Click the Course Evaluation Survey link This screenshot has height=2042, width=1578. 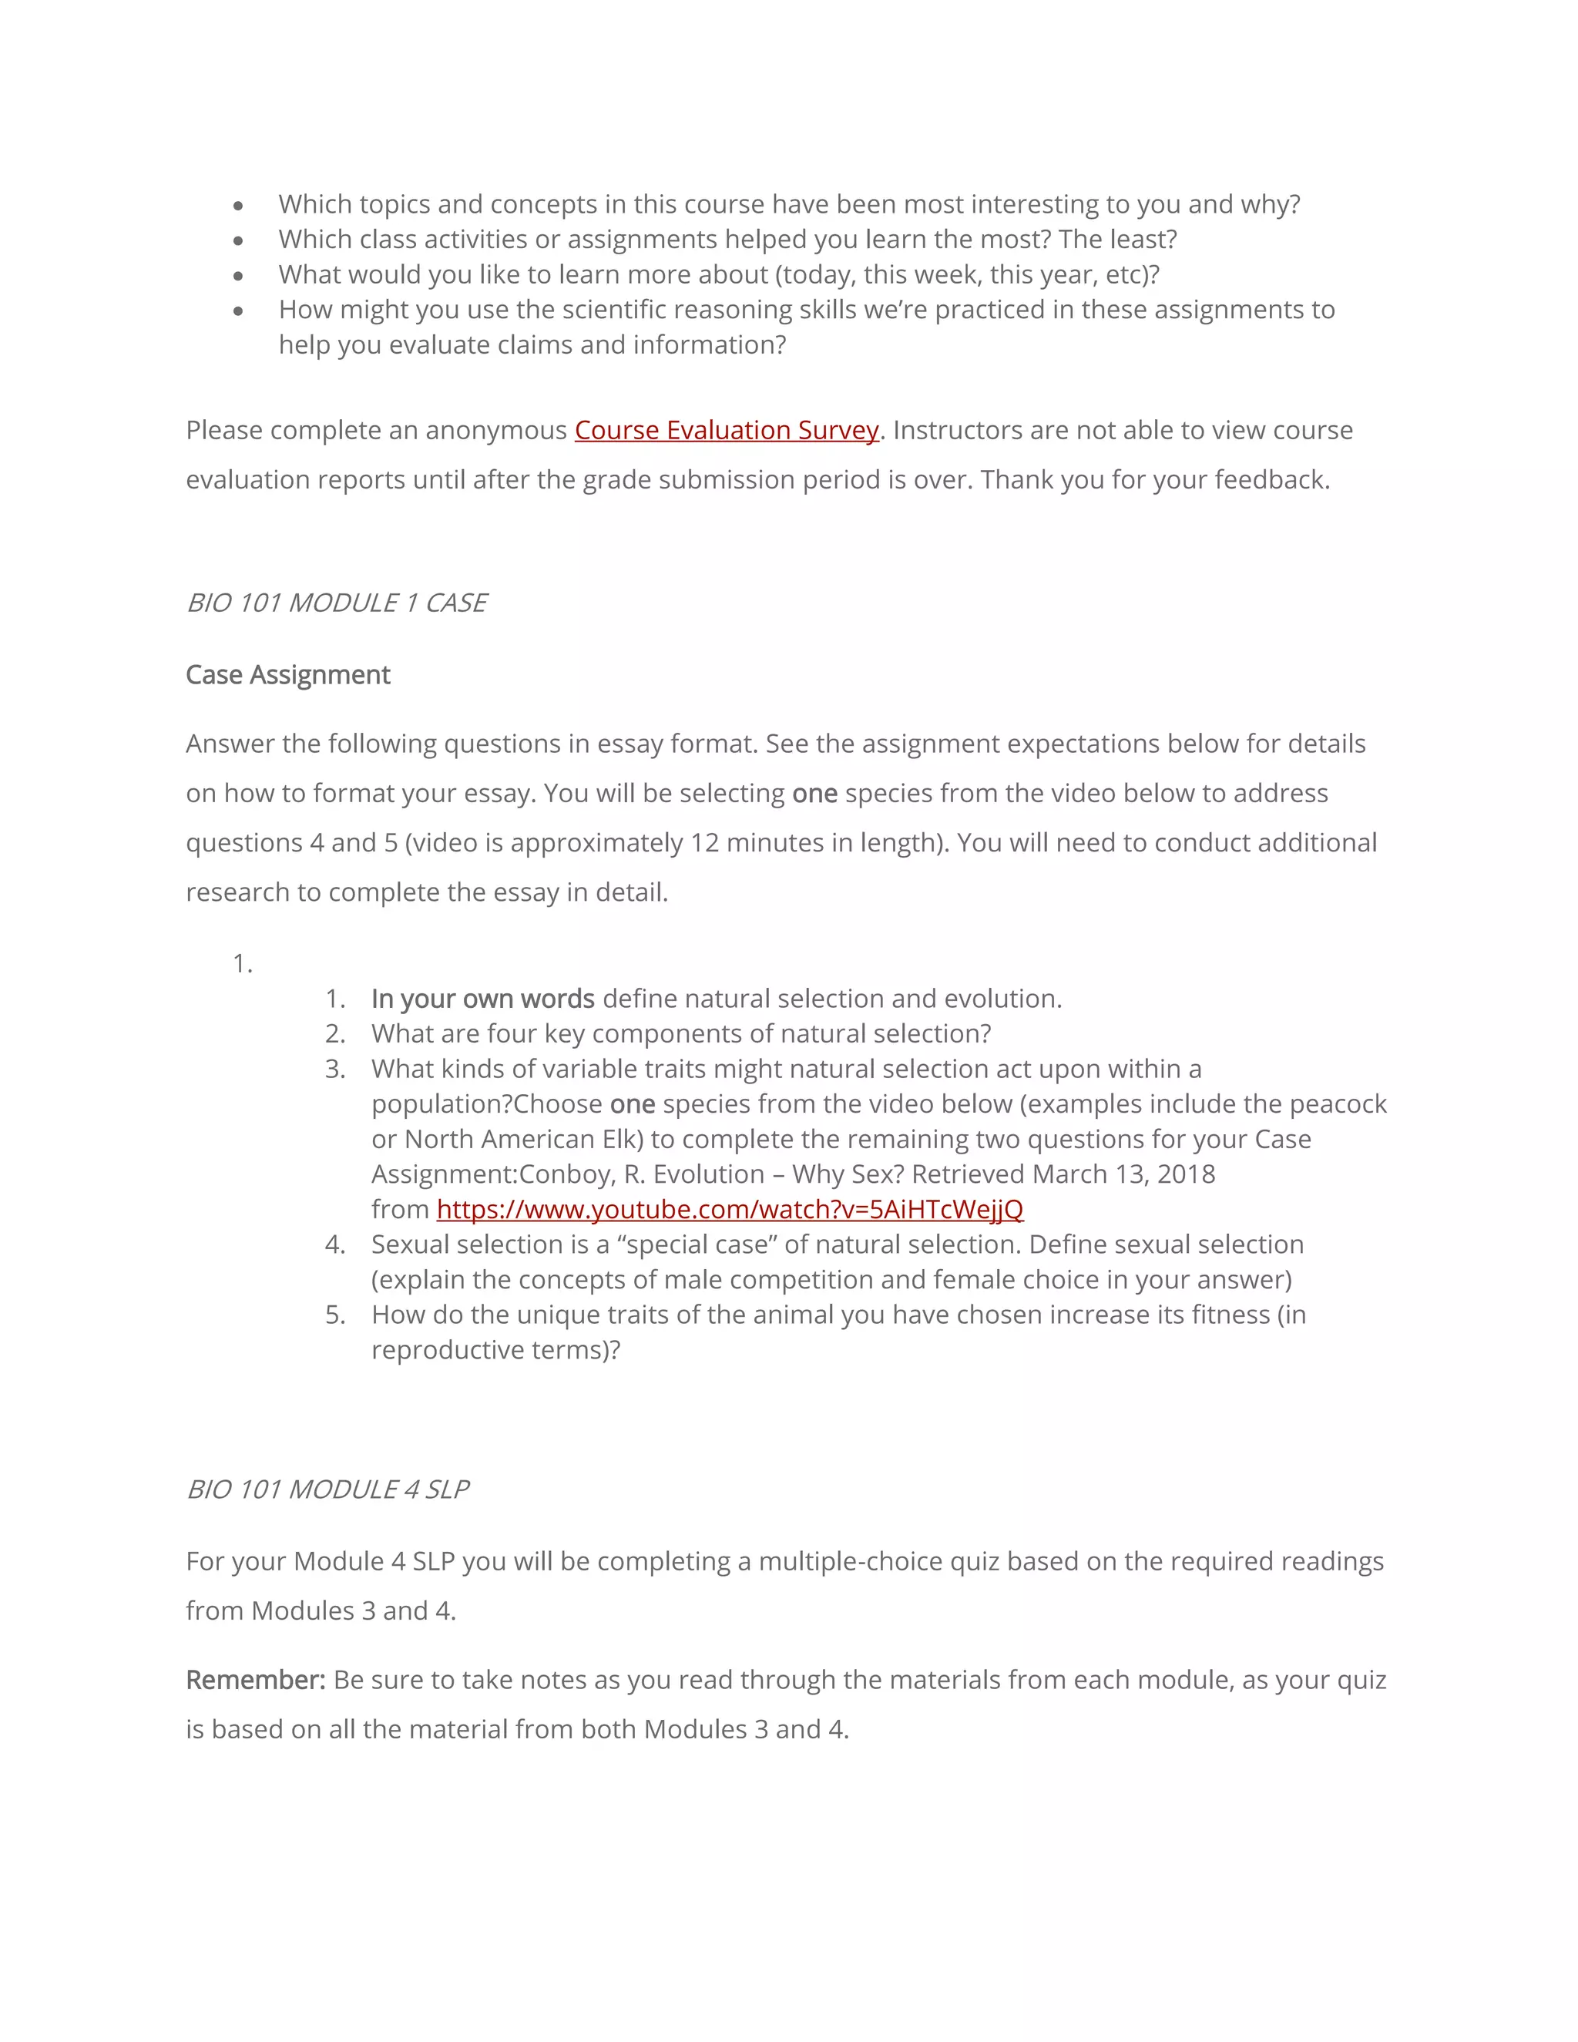tap(727, 430)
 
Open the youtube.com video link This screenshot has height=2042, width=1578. tap(729, 1209)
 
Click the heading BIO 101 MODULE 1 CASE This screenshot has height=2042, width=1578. tap(337, 603)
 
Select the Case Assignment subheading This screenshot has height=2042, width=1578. tap(288, 675)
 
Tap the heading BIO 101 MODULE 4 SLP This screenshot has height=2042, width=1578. tap(327, 1490)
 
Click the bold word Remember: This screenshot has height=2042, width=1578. tap(255, 1680)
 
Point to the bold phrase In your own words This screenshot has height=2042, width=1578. tap(482, 999)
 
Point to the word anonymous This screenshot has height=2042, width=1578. tap(495, 430)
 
